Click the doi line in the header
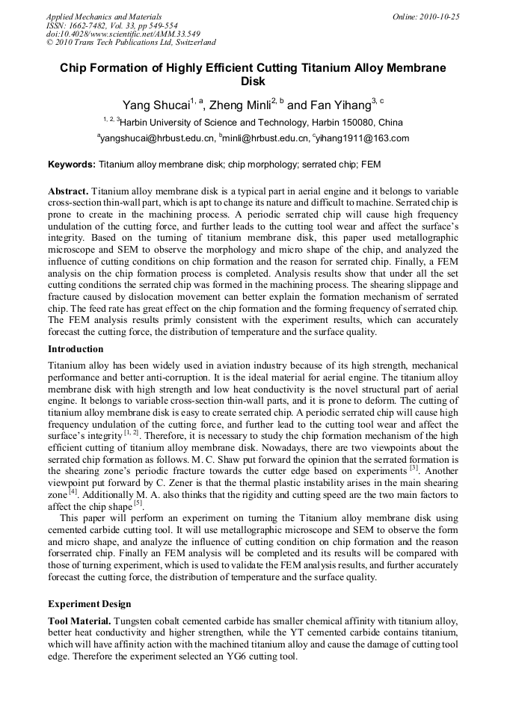tap(123, 34)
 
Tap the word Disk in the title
tap(253, 81)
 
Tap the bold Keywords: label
tap(72, 164)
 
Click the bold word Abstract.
tap(69, 191)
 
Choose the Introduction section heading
tap(76, 349)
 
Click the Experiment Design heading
tap(89, 604)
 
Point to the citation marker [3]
tap(413, 467)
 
